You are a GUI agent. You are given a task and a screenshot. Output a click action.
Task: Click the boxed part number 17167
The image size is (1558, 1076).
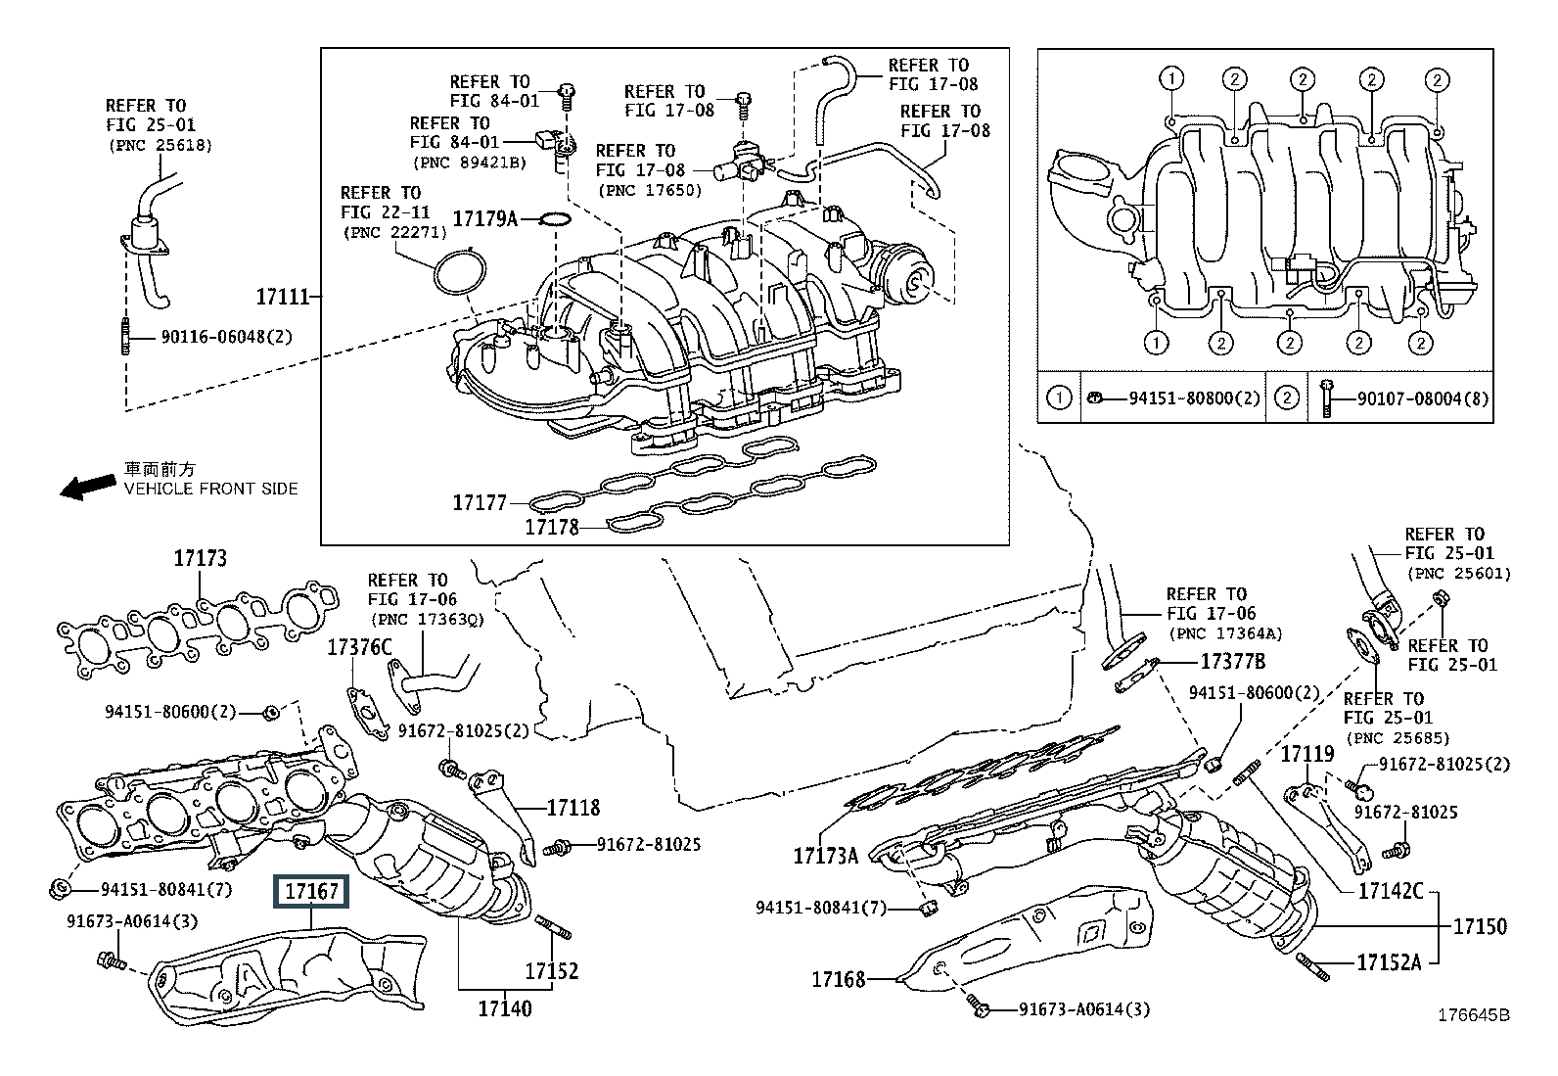(311, 892)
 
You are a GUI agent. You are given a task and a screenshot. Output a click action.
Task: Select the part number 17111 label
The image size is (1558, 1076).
(283, 298)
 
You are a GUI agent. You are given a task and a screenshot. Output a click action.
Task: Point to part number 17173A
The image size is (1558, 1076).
(826, 856)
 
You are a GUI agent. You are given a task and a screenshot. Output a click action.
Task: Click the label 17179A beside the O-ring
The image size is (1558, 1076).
(485, 219)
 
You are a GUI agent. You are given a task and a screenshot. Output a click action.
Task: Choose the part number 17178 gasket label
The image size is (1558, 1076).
(552, 527)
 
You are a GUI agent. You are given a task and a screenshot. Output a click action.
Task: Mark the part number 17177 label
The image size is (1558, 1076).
(480, 502)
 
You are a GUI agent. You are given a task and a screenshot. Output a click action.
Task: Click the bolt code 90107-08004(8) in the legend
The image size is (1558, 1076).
(1423, 398)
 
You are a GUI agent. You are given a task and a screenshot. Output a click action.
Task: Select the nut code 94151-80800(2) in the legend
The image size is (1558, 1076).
(1194, 398)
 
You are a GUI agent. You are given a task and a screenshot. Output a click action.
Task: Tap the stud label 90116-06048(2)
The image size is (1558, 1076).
(227, 337)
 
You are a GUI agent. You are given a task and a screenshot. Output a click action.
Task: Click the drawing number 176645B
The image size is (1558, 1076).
(1474, 1014)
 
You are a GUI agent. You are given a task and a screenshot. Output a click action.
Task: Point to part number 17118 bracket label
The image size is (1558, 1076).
(573, 808)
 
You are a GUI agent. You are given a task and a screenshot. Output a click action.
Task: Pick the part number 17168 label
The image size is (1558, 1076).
(839, 980)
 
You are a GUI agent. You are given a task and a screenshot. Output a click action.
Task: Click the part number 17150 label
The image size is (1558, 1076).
(1480, 926)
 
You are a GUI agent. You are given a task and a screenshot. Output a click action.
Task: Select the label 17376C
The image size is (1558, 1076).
(359, 647)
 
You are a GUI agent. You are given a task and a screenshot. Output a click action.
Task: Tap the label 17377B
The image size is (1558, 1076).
(1233, 661)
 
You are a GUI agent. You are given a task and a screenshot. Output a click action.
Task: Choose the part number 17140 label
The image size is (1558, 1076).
(505, 1008)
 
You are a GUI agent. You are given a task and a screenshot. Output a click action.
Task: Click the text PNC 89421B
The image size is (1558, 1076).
(470, 163)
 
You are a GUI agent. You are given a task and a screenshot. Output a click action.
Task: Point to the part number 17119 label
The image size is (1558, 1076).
(1307, 754)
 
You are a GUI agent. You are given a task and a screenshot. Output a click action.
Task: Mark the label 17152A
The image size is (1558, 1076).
(1389, 962)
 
